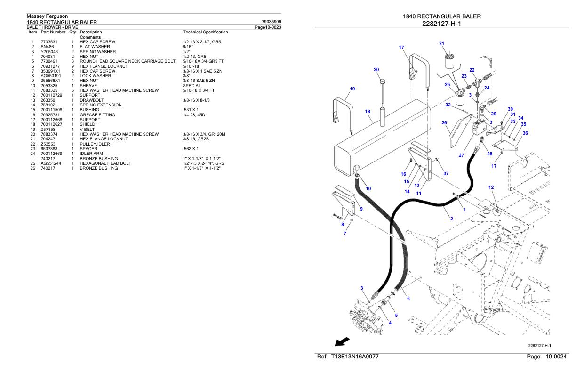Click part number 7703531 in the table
tap(48, 42)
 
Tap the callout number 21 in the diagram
tap(441, 44)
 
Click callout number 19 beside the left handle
tap(352, 89)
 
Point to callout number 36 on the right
tap(525, 133)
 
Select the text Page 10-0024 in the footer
tap(548, 357)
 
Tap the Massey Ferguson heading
tap(47, 16)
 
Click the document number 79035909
tap(271, 22)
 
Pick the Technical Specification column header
tap(205, 32)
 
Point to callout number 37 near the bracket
tap(446, 173)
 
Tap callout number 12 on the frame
tap(491, 187)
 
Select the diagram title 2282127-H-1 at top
tap(442, 24)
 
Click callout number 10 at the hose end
tap(368, 188)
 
